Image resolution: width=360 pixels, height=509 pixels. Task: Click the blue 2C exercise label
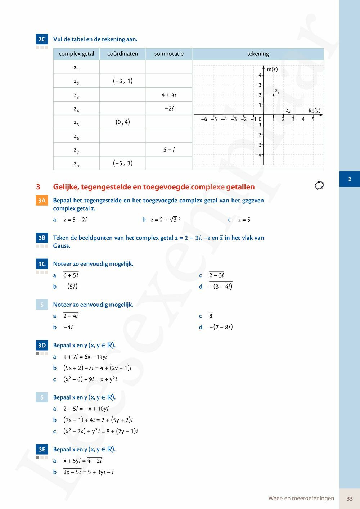click(42, 39)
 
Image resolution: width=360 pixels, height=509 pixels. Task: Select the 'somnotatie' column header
click(169, 54)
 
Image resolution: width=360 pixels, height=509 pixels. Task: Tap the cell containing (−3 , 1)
click(123, 81)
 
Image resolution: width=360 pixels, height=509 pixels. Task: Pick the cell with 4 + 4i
click(169, 95)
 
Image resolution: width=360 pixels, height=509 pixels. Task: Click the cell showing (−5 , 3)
click(123, 163)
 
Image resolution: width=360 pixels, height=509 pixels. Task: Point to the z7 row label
click(76, 149)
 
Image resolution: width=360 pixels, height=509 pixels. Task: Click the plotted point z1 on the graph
click(274, 95)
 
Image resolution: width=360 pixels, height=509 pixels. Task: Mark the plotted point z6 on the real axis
click(283, 115)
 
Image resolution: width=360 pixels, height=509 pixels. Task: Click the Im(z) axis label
click(271, 69)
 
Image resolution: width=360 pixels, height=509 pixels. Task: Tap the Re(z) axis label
click(314, 111)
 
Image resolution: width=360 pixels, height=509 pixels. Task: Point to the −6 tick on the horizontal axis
click(204, 119)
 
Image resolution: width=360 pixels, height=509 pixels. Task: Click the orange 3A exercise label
click(42, 201)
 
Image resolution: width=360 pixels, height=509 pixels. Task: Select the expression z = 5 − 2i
click(75, 220)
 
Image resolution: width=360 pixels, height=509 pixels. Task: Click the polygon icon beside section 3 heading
click(319, 185)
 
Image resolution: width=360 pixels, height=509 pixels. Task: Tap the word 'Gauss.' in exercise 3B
click(62, 246)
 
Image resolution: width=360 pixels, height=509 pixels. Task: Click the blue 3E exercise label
click(42, 449)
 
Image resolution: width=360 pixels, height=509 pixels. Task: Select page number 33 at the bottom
click(350, 499)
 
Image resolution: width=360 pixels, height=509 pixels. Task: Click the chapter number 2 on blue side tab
click(350, 179)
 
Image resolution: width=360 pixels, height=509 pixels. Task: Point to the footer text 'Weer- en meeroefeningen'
click(301, 499)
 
